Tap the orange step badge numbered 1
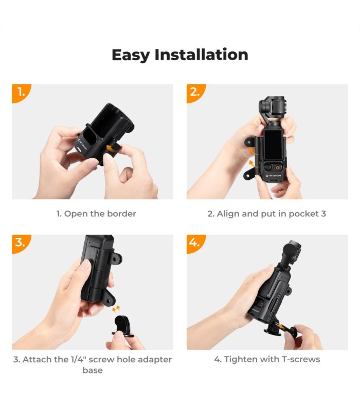point(21,93)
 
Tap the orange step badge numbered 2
point(195,93)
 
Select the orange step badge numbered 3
point(21,243)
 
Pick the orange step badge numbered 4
point(195,243)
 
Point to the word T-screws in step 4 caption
point(300,359)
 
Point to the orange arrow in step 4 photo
point(281,326)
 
